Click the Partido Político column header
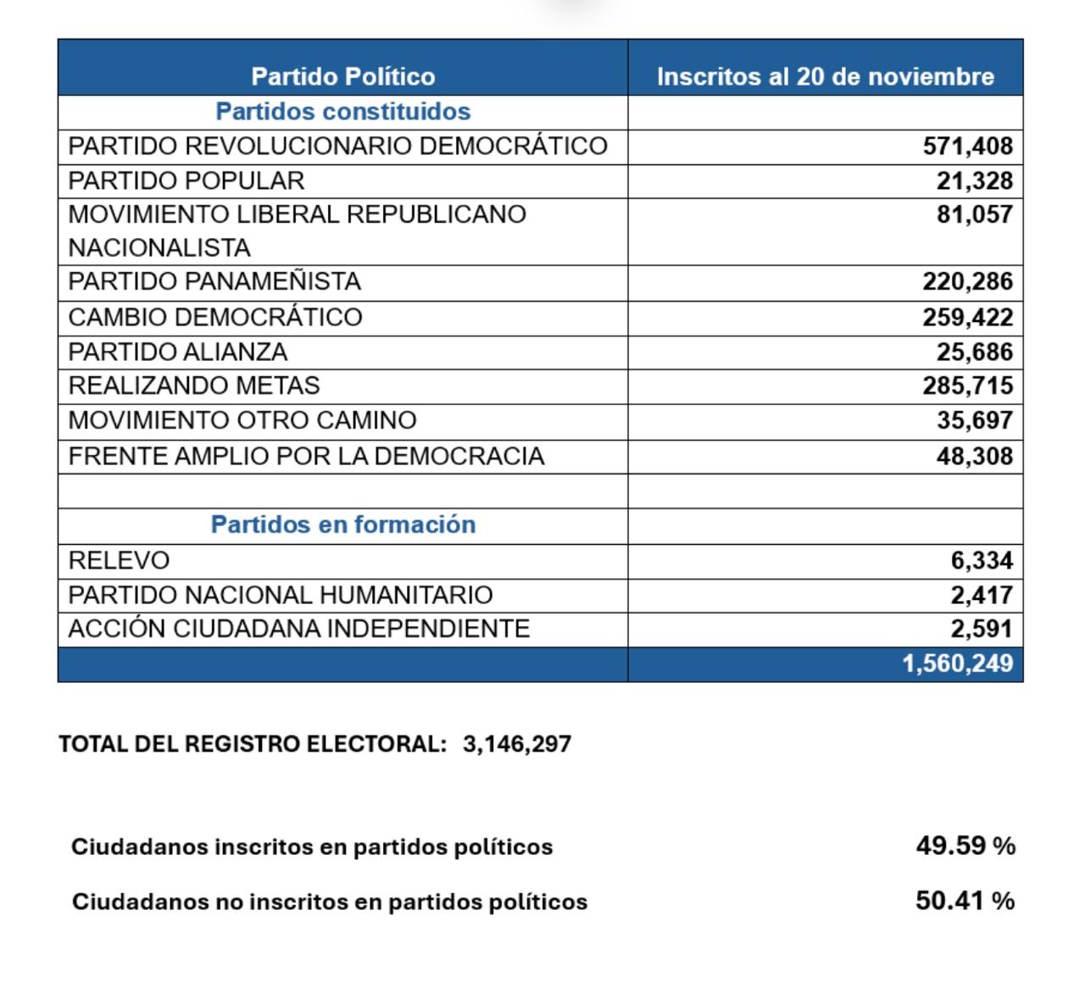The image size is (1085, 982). click(342, 76)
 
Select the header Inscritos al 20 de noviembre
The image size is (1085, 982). click(825, 76)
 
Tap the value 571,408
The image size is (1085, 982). click(967, 146)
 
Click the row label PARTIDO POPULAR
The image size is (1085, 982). click(186, 180)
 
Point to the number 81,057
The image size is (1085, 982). click(974, 214)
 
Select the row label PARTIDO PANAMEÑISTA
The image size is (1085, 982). click(214, 281)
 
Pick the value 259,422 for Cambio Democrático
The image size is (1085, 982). click(967, 317)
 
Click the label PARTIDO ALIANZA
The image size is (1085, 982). click(177, 352)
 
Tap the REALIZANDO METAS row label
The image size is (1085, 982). click(193, 386)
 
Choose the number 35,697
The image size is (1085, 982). click(974, 420)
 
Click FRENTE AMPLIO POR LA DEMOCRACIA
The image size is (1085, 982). click(305, 456)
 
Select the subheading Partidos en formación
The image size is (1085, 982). click(342, 524)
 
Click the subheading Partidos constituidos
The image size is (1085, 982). click(342, 111)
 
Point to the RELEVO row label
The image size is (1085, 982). click(119, 560)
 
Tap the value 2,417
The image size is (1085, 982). click(981, 595)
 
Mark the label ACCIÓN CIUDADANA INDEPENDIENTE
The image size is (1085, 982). click(298, 629)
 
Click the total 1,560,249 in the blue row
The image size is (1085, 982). click(957, 663)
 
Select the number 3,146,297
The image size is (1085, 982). click(517, 744)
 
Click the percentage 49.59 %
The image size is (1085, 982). click(965, 846)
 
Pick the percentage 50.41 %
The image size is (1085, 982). click(965, 900)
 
